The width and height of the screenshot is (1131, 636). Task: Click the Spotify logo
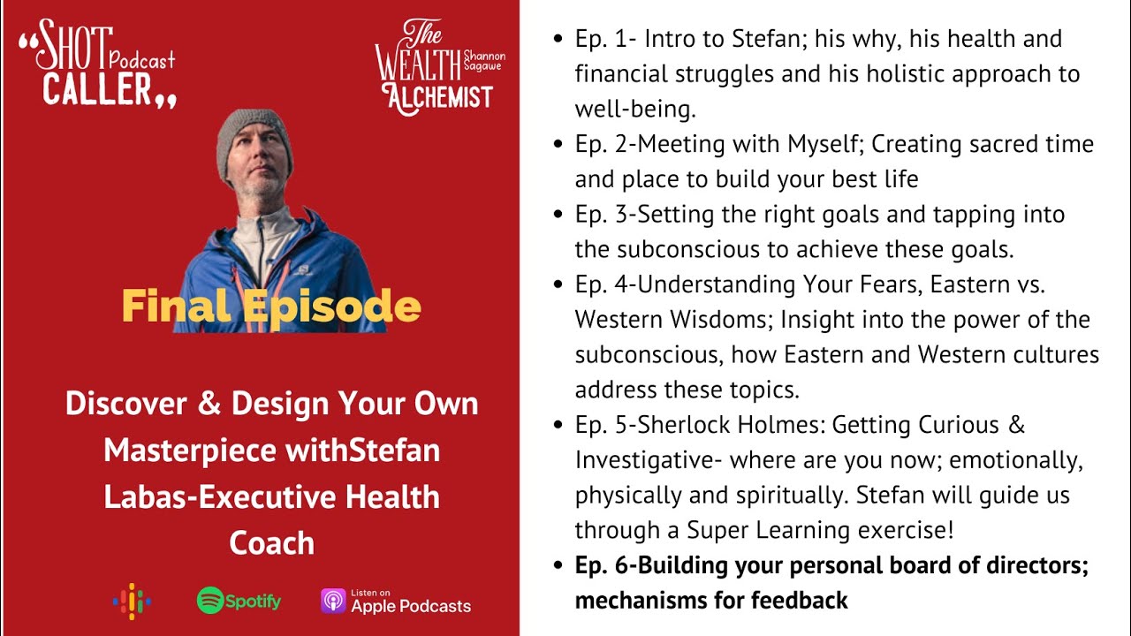coord(239,602)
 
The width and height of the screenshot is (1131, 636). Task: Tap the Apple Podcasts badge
coord(396,602)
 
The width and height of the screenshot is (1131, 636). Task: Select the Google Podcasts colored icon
coord(132,602)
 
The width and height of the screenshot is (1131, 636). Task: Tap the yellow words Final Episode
coord(271,306)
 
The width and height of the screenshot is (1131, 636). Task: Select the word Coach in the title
coord(271,542)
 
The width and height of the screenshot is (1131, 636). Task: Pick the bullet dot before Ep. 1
coord(557,40)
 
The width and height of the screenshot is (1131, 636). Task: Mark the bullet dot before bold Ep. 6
coord(557,566)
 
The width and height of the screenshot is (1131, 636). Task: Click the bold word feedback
coord(799,601)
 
